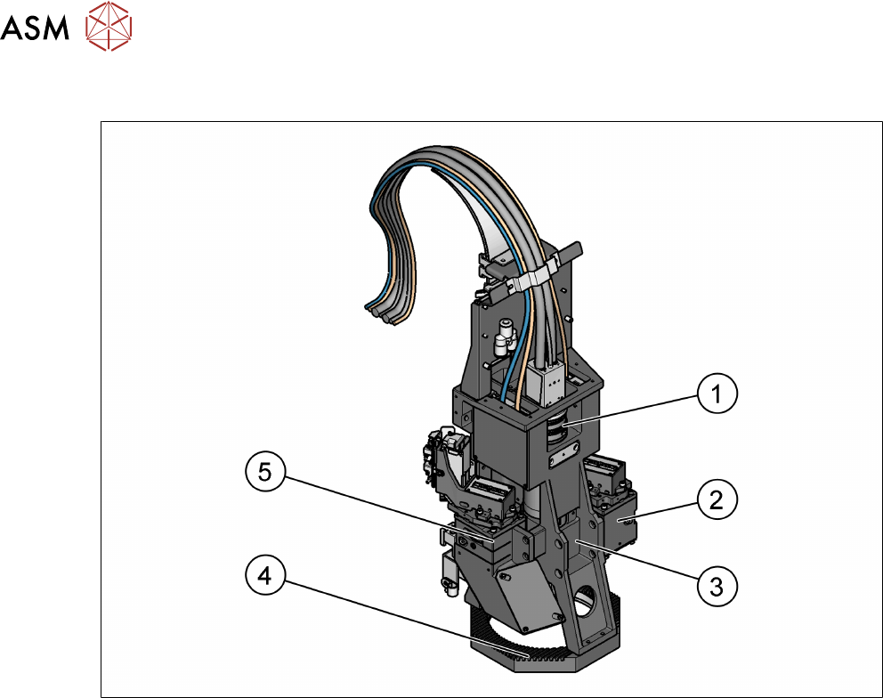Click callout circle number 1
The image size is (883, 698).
(717, 394)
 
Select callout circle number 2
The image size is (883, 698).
(717, 499)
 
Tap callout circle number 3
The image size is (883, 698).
(717, 587)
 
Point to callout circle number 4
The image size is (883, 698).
(265, 575)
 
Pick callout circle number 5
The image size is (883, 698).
(265, 471)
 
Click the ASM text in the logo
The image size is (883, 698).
(35, 27)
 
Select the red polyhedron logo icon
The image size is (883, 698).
(109, 26)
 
